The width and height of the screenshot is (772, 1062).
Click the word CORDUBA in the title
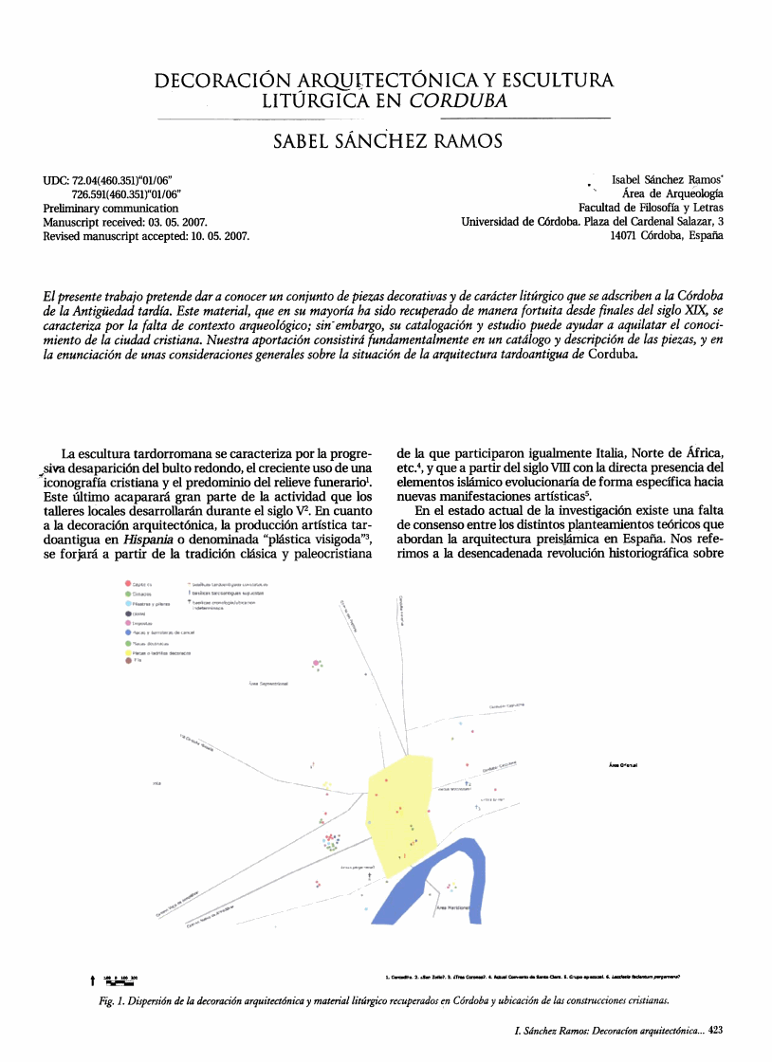click(x=459, y=101)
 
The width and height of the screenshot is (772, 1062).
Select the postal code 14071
click(x=627, y=236)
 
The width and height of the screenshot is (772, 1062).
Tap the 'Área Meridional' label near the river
click(x=452, y=908)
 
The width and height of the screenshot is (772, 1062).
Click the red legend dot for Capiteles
click(x=128, y=585)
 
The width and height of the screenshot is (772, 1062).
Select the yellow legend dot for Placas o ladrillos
click(x=128, y=653)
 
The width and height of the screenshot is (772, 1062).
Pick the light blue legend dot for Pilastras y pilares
click(x=128, y=603)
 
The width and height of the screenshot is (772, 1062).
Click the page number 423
click(x=716, y=1030)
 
